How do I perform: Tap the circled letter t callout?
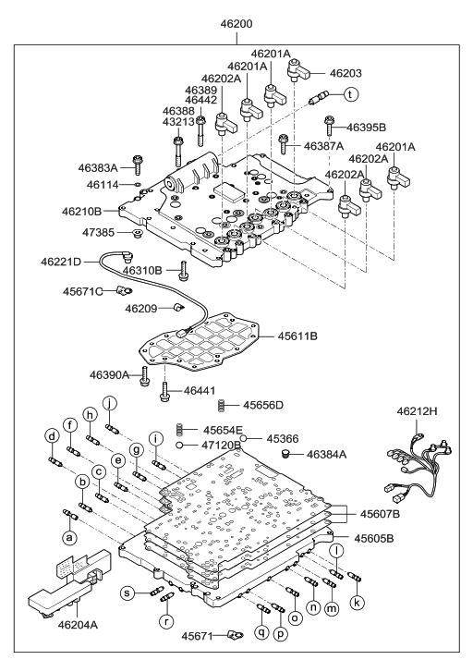[351, 94]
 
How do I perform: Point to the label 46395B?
[368, 127]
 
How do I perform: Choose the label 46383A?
[101, 168]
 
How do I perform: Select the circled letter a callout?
[68, 537]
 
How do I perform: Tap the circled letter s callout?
[130, 593]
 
